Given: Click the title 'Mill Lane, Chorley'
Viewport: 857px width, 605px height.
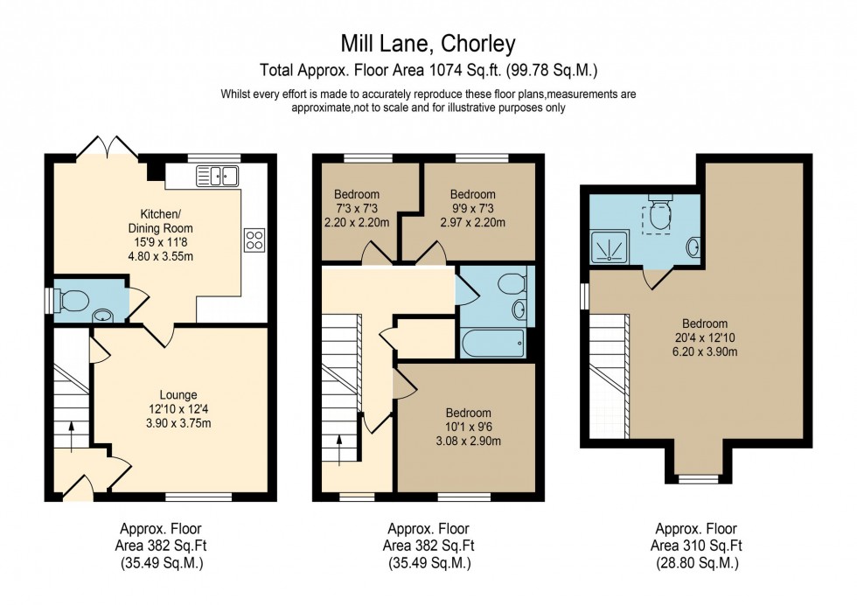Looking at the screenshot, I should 428,43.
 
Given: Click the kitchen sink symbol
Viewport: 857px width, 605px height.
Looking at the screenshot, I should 218,177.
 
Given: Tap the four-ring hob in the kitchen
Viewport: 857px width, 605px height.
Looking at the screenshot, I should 255,240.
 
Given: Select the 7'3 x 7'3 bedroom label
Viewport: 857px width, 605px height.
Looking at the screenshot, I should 356,208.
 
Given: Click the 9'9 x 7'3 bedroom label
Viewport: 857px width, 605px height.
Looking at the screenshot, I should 472,208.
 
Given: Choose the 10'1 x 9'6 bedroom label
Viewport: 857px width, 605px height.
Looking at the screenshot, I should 468,427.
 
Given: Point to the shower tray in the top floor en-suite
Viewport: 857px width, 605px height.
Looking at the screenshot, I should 611,247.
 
